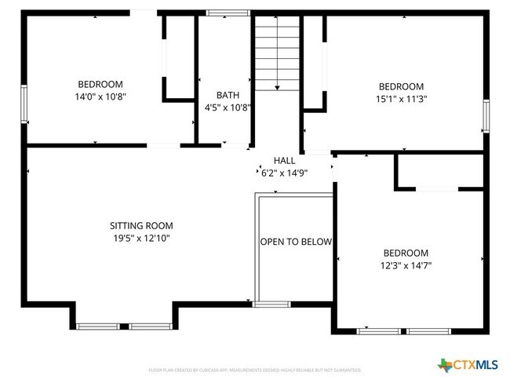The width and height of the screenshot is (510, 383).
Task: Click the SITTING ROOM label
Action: click(x=141, y=225)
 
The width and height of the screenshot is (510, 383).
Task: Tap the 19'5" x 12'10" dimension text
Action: click(x=141, y=238)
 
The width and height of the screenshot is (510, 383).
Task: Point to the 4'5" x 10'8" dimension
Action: click(x=228, y=108)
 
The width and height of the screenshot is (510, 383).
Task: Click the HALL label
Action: click(x=284, y=160)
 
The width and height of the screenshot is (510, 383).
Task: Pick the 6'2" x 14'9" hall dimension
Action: click(x=284, y=172)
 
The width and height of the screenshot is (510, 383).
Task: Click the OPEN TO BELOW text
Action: click(x=296, y=242)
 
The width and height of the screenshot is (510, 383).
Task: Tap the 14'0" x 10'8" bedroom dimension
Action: click(x=100, y=97)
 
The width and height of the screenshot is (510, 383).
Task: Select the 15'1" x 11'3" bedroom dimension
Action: click(x=401, y=99)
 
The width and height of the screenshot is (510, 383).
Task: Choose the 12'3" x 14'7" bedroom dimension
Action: click(x=406, y=265)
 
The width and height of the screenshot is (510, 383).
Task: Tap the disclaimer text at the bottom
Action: click(x=254, y=369)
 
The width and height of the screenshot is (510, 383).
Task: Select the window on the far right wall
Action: click(x=486, y=116)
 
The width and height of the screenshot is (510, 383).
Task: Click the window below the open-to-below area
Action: click(x=271, y=304)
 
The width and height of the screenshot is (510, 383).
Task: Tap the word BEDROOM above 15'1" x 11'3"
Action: click(x=401, y=86)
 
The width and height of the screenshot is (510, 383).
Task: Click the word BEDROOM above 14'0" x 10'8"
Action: click(x=100, y=84)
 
